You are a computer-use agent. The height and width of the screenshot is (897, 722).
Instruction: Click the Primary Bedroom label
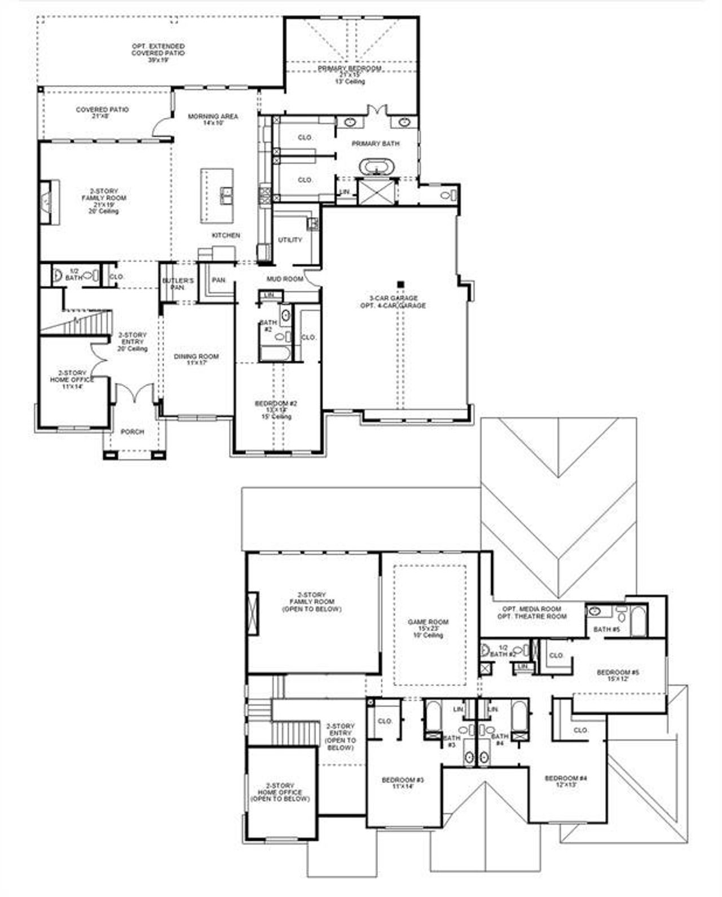349,68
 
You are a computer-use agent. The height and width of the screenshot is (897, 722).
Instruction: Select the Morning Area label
213,117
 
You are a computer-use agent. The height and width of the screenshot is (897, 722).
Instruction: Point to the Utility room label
290,240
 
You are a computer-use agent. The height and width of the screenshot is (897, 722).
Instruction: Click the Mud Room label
285,279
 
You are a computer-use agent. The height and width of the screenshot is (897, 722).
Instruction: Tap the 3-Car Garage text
393,298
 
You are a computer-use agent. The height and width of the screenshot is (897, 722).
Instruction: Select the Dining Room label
196,356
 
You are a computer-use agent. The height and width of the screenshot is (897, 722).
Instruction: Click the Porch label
133,432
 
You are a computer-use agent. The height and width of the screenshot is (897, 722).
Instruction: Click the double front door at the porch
134,394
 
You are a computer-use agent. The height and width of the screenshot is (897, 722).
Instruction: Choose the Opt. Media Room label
531,609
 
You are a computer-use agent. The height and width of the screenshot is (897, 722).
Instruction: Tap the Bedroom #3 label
402,780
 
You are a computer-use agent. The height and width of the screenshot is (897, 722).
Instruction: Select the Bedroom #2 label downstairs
276,404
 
